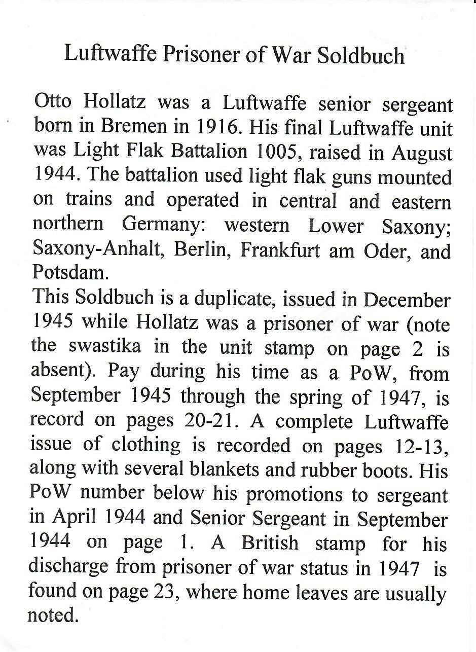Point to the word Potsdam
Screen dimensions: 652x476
(70, 272)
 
